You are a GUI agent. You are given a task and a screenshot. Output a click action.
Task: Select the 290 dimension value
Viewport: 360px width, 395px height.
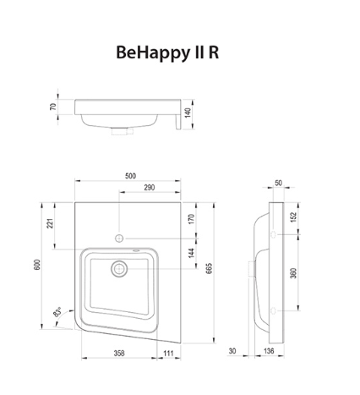point(149,187)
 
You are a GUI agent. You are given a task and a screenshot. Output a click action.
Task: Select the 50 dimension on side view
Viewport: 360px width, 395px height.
point(279,183)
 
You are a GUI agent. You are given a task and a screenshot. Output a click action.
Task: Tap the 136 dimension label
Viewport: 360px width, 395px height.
point(268,350)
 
